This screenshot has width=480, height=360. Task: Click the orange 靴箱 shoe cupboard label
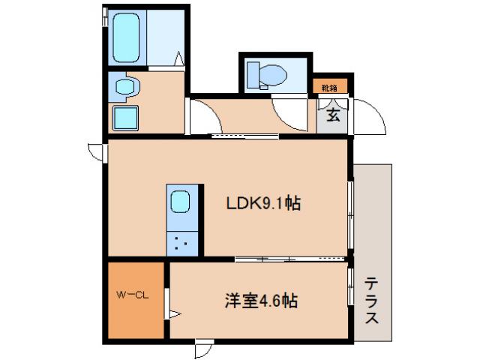point(330,87)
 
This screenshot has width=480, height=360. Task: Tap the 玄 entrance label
point(332,115)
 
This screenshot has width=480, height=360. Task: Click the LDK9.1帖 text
point(264,203)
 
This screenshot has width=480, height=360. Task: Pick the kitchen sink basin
point(181,202)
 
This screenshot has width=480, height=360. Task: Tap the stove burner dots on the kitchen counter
point(181,242)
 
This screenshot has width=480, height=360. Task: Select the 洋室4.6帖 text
point(260,301)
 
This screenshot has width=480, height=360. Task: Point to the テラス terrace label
point(372,300)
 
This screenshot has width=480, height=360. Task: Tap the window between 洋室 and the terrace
point(351,285)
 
